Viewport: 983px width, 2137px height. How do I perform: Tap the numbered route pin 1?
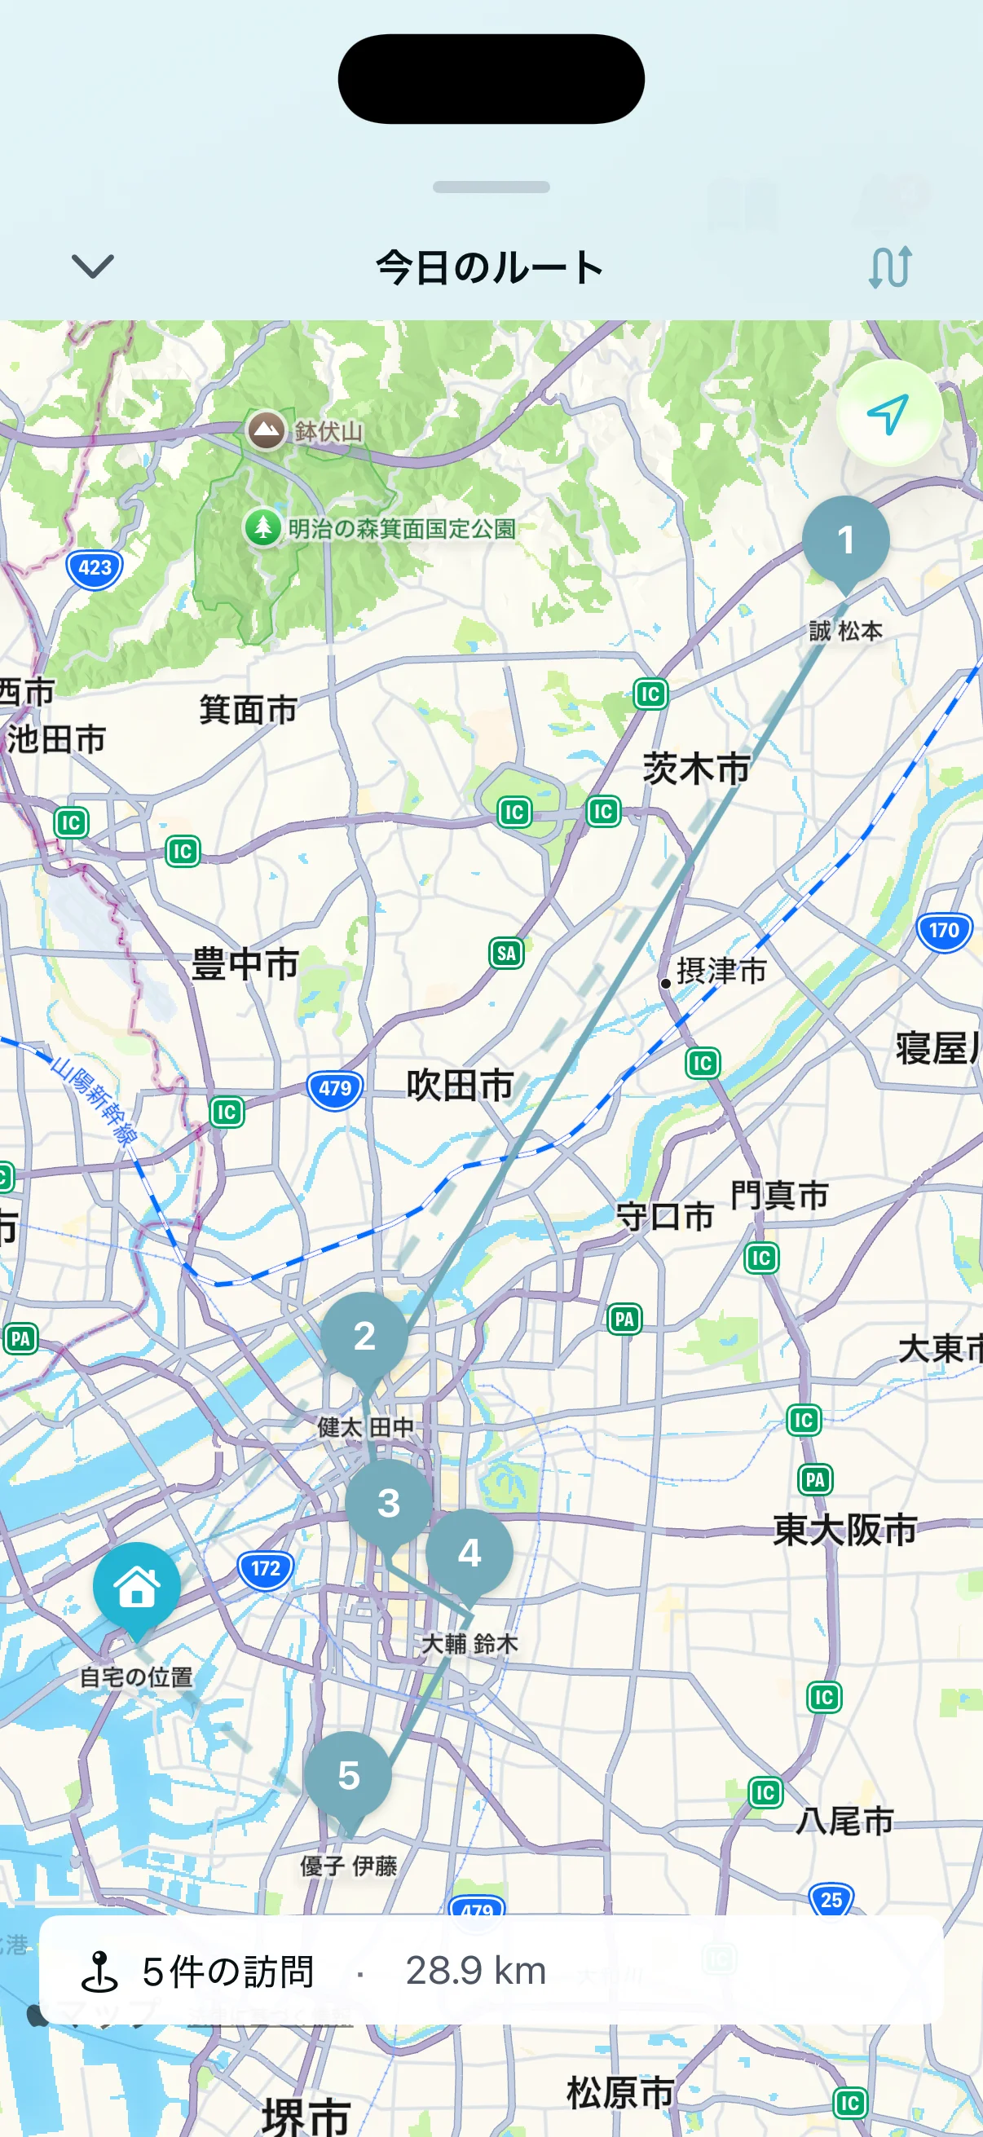coord(845,540)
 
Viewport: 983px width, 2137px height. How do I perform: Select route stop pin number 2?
coord(364,1336)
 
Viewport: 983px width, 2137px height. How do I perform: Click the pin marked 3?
coord(388,1503)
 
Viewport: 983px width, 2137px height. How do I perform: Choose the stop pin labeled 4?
coord(469,1553)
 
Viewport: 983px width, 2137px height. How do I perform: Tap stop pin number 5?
coord(348,1775)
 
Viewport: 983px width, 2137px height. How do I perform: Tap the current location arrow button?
coord(888,413)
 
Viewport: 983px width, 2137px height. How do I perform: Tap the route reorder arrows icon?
coord(890,267)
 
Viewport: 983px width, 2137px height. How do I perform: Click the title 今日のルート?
coord(490,268)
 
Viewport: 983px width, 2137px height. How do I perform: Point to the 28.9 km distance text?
coord(475,1969)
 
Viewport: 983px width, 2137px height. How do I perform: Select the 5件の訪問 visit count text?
coord(227,1971)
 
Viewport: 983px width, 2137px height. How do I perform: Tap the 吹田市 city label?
coord(460,1085)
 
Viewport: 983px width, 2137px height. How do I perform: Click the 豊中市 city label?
coord(245,964)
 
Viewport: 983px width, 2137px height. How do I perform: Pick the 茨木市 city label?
coord(696,769)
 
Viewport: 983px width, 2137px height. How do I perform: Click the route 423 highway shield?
coord(95,568)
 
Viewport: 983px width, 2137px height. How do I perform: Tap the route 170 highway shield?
coord(944,931)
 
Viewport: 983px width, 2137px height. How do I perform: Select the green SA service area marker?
coord(506,954)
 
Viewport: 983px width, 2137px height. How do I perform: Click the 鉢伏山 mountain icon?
coord(267,430)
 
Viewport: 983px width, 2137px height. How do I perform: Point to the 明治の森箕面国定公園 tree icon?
coord(263,527)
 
